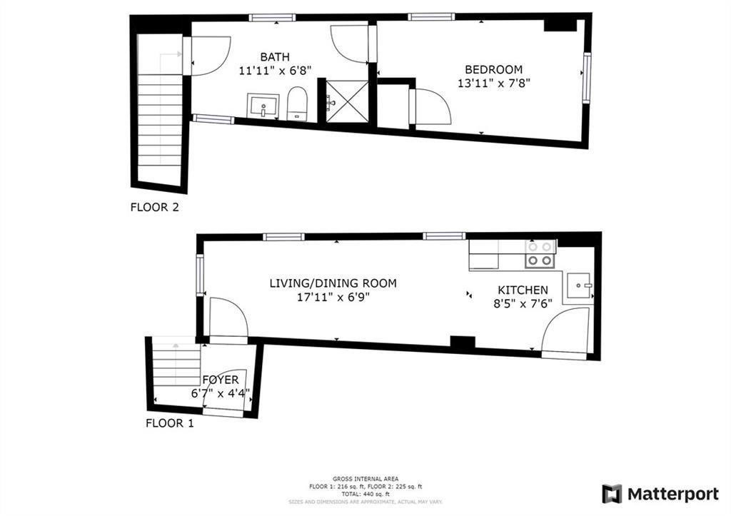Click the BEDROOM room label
[x=493, y=69]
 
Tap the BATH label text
[x=275, y=57]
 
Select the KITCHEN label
[x=523, y=290]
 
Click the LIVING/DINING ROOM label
[x=333, y=283]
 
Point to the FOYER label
[x=220, y=380]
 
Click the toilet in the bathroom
[x=296, y=104]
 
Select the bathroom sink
[x=264, y=106]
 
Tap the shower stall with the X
[x=347, y=101]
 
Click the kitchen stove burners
[x=540, y=253]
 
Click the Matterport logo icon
[x=612, y=494]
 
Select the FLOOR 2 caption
[x=154, y=208]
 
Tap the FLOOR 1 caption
[x=170, y=423]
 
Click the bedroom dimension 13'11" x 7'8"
[x=493, y=83]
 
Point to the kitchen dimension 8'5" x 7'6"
[x=523, y=303]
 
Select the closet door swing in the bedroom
[x=433, y=107]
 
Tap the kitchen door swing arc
[x=565, y=332]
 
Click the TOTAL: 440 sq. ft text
[x=365, y=494]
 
